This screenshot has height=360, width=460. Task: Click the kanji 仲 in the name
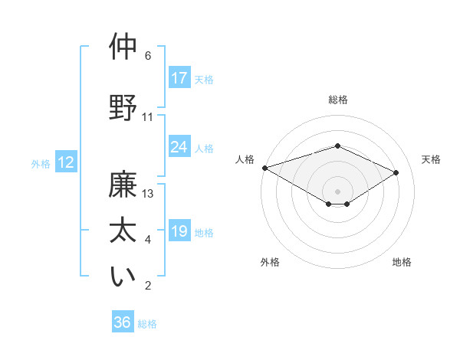(123, 47)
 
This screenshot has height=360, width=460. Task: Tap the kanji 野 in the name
(123, 107)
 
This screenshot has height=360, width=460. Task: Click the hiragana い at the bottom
(123, 277)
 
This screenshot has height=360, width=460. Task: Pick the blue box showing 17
(179, 78)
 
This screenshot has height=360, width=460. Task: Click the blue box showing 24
(179, 147)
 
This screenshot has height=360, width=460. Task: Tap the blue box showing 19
(179, 231)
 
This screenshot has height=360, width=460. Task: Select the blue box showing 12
(65, 162)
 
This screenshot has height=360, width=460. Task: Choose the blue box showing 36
(123, 322)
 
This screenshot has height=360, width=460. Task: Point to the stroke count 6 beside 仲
(148, 56)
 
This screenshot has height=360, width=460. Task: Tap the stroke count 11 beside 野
(148, 117)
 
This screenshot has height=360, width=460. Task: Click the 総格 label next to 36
(147, 324)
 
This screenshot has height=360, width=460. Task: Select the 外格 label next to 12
(41, 163)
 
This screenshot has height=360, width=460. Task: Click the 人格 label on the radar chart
(245, 159)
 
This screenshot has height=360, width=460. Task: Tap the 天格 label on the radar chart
(431, 159)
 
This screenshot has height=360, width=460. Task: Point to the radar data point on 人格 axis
(264, 168)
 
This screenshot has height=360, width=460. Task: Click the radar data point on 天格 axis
(396, 173)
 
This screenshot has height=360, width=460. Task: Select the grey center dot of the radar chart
(337, 190)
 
